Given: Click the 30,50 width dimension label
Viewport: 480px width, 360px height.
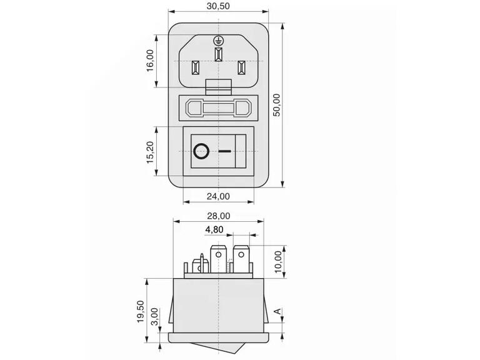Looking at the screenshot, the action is pos(218,6).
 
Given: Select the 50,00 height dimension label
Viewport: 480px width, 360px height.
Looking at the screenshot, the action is pos(276,105).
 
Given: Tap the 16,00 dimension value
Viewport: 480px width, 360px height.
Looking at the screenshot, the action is pos(150,61).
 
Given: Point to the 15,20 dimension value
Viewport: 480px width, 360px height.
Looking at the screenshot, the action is pos(150,152).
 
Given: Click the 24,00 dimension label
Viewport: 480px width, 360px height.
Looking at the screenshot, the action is pos(218,196).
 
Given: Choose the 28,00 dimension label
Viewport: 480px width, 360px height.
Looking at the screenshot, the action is pos(219,216).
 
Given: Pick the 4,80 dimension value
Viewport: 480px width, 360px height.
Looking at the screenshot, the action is pos(214,229).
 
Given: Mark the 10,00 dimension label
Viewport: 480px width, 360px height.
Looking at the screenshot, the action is pos(278,262).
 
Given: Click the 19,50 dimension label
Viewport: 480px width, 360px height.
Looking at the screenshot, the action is pos(141,311).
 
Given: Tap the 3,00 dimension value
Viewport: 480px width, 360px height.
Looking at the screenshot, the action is pos(155,317).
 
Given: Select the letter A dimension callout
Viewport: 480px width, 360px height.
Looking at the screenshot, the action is pos(277,312).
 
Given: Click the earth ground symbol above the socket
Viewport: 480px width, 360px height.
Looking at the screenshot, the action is pos(218,40).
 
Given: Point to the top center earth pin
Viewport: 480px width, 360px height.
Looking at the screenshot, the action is pos(218,54).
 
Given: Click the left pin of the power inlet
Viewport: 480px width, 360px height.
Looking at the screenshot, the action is pos(195,68).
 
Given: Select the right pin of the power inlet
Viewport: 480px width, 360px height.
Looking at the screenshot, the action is pos(241,68).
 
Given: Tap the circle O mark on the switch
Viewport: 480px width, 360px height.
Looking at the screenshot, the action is pos(201,151).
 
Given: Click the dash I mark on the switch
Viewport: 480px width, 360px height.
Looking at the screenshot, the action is pos(225,151).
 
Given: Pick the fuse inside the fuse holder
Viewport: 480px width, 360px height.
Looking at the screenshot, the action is pos(218,108).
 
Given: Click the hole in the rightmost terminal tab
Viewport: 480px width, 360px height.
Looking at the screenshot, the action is pos(241,254).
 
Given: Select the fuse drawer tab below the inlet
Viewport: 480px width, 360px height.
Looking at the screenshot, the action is pos(218,87).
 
